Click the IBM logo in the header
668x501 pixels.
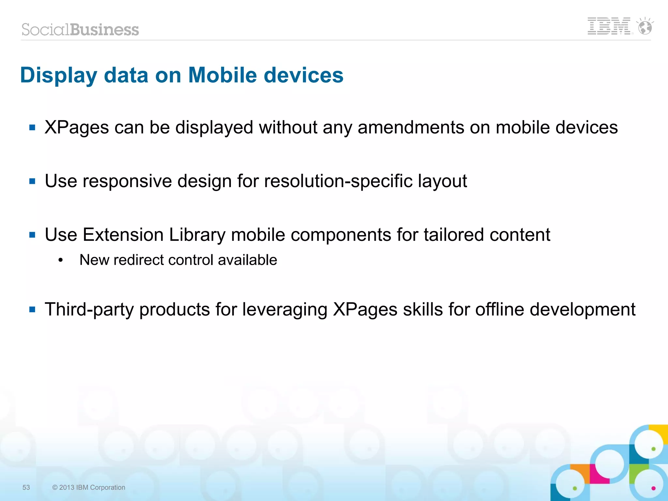[x=609, y=26]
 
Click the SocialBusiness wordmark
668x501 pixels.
[x=80, y=30]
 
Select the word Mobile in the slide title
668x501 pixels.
[x=222, y=75]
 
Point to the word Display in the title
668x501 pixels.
[x=59, y=76]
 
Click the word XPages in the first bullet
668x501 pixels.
[x=77, y=127]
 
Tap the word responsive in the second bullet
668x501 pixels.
[x=127, y=181]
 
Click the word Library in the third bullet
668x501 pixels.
[x=197, y=235]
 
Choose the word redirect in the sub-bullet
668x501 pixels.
[x=139, y=260]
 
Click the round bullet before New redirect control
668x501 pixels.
[x=60, y=260]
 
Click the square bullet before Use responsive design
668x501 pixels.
[x=32, y=181]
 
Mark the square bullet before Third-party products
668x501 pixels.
[x=32, y=309]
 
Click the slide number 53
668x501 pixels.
[x=26, y=487]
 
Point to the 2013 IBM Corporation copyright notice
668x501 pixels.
[x=89, y=487]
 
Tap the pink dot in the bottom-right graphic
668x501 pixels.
[x=653, y=488]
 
